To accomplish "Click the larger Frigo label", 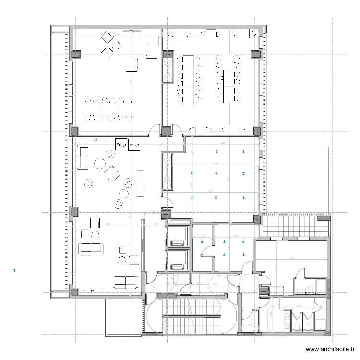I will pos(121,144).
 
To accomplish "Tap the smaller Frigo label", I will pos(134,144).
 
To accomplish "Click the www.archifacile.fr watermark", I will pos(331,350).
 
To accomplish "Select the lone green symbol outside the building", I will pos(15,271).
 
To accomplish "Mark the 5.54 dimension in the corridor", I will pos(215,284).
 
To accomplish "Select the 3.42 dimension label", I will pos(236,236).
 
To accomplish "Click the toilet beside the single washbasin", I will pos(311,288).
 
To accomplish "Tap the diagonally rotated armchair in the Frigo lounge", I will pos(112,173).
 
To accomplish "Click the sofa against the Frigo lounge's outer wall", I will pos(83,158).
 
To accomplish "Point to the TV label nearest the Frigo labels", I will pos(95,140).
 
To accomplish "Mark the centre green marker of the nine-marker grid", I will pos(217,173).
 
